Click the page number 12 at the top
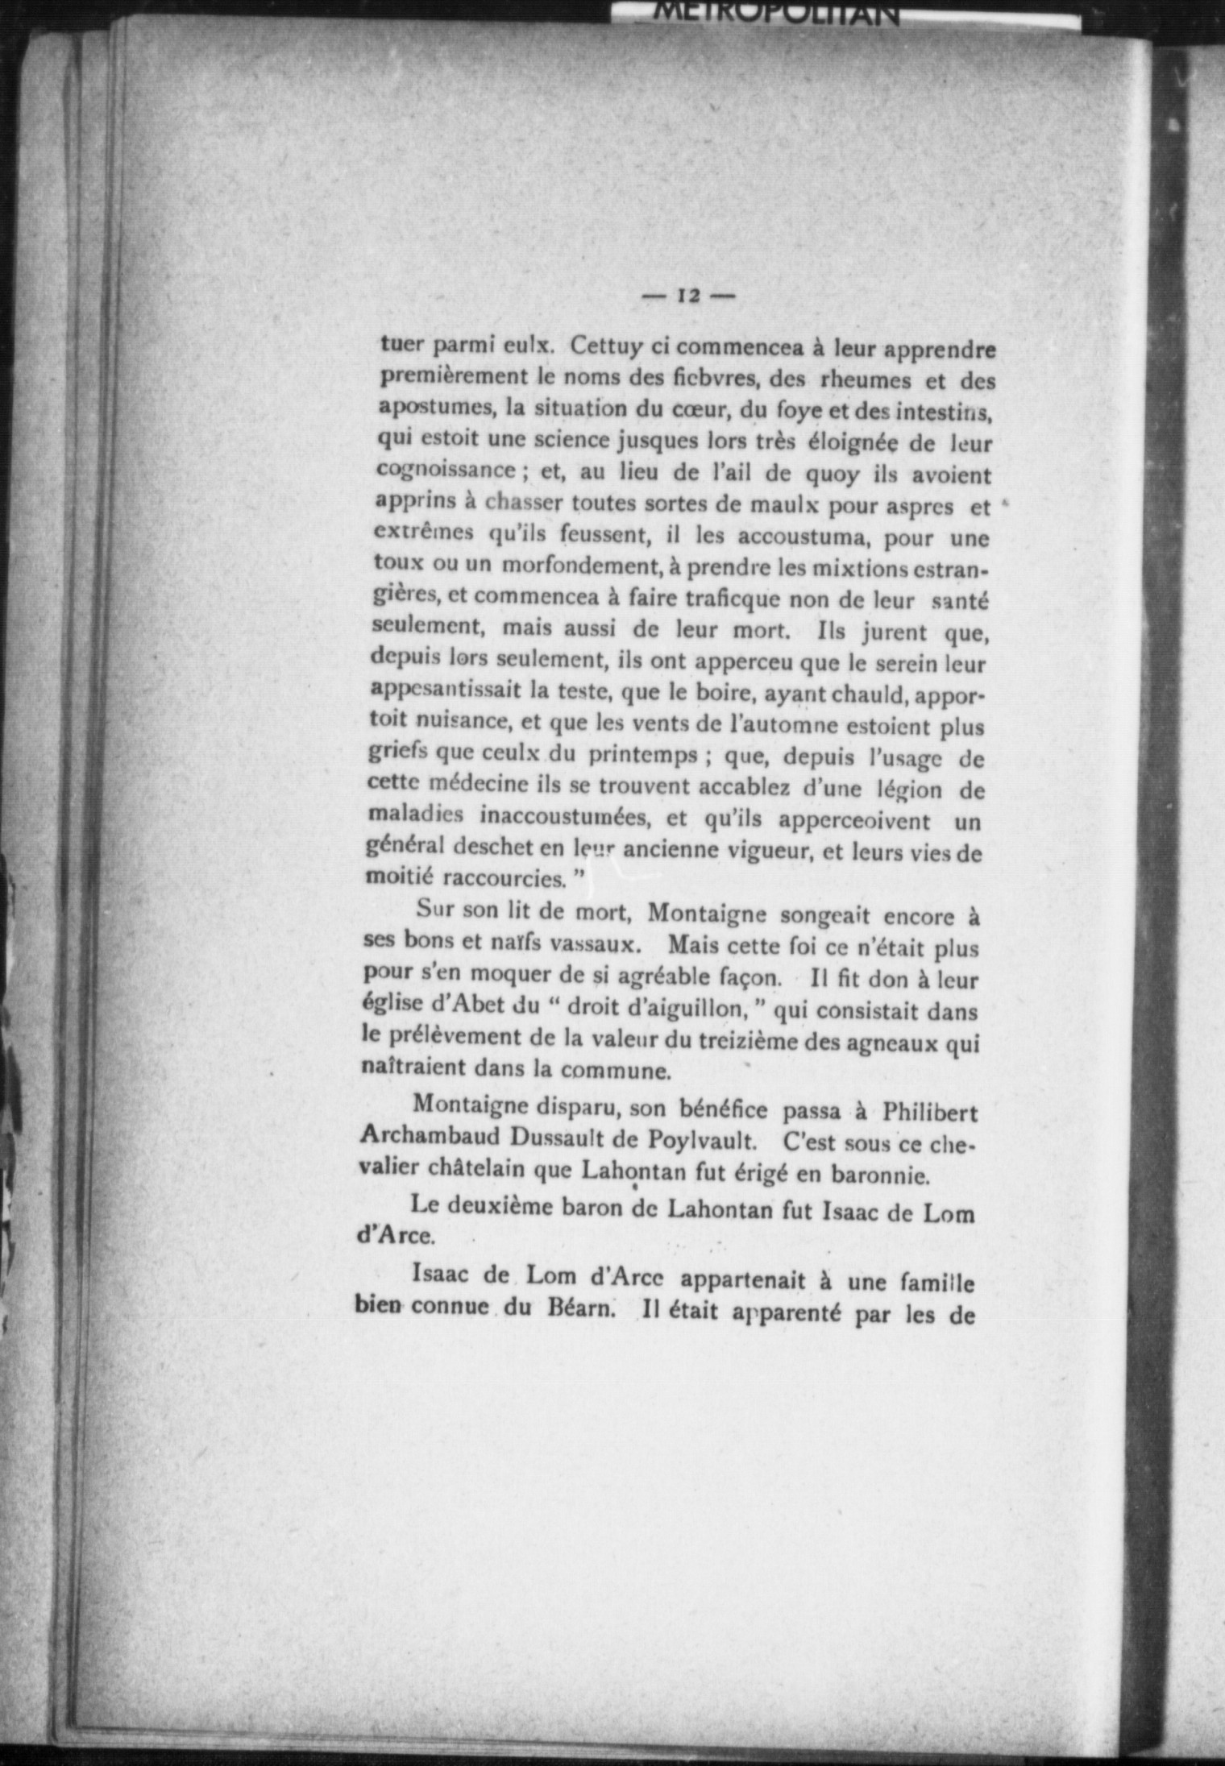(689, 296)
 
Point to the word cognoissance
(446, 471)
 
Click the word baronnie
(882, 1175)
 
